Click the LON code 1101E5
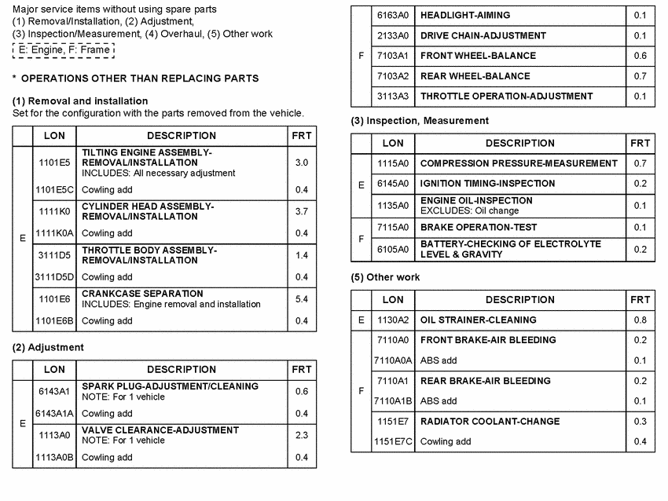(54, 163)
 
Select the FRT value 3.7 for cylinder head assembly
(301, 211)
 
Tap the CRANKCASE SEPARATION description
(142, 294)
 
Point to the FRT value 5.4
(301, 299)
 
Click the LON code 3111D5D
(54, 277)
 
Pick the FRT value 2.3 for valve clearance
(301, 435)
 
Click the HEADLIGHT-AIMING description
(465, 15)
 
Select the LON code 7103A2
(393, 76)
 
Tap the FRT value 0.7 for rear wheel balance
(640, 76)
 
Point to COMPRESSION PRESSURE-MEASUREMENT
(519, 163)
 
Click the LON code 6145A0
(393, 184)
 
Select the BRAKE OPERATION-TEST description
(479, 227)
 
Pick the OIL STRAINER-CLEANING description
(478, 320)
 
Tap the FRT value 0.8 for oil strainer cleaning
(640, 320)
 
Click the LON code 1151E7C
(393, 442)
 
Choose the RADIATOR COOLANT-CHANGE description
(490, 422)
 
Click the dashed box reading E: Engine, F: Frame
(64, 50)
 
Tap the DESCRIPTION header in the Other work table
(519, 299)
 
